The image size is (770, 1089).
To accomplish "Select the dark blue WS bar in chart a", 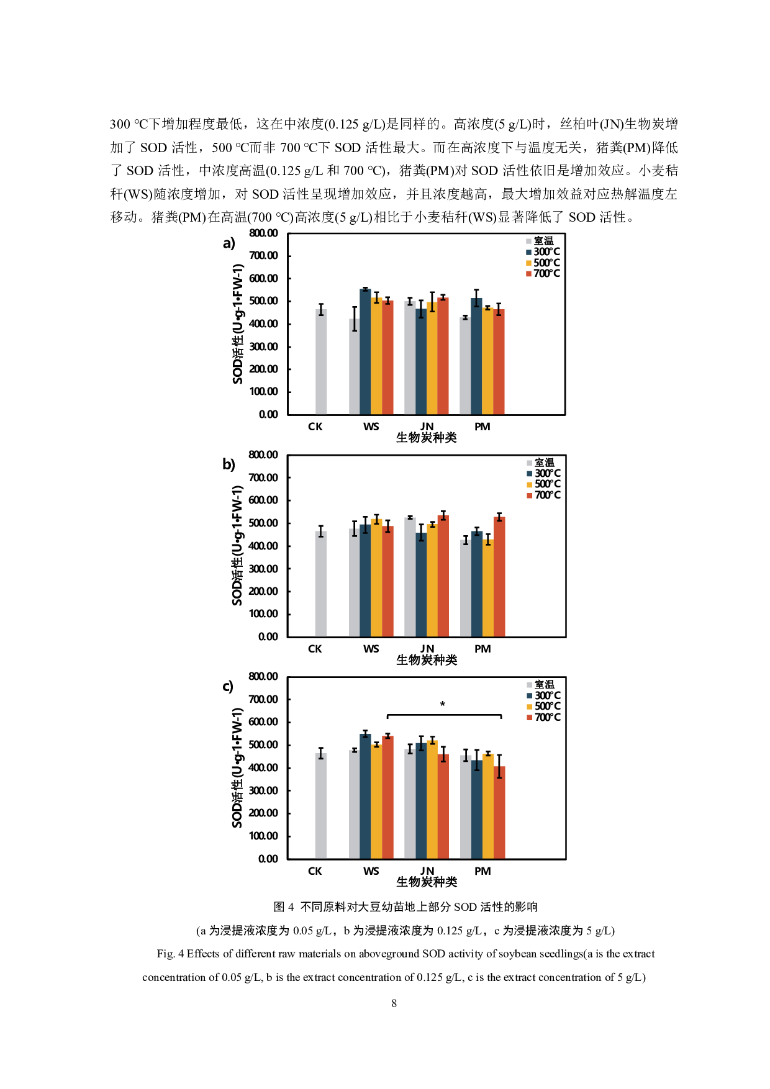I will coord(365,351).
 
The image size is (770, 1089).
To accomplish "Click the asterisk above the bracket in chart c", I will coord(442,705).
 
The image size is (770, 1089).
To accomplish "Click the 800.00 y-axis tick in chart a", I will coord(263,233).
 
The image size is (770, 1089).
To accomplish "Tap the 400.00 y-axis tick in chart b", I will coord(263,546).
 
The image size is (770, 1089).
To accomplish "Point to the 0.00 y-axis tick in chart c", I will coord(268,859).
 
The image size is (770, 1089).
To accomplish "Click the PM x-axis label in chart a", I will coord(482,427).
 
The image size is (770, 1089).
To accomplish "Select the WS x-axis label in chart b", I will coord(371,649).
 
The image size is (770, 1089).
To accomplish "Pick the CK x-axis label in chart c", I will coord(315,872).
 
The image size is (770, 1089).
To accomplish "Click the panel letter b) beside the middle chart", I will coord(229,465).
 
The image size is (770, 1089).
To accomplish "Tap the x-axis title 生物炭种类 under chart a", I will coord(427,438).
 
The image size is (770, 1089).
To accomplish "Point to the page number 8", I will coord(394,1003).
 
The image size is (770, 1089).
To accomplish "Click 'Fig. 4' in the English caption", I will coord(170,954).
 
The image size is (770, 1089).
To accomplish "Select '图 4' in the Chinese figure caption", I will coord(284,907).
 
